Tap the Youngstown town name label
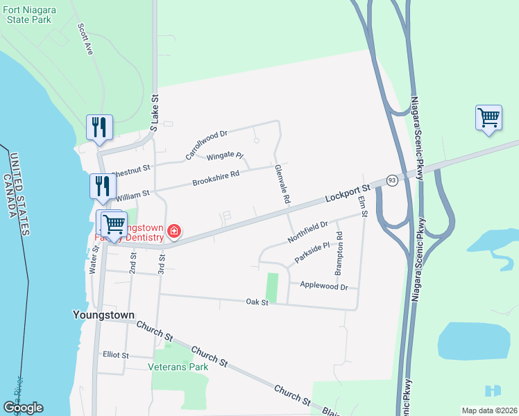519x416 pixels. click(103, 314)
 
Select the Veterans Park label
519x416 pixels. click(178, 367)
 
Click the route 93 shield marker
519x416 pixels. click(392, 180)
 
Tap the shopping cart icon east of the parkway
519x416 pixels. click(488, 117)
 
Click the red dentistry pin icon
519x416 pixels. click(175, 231)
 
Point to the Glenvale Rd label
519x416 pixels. click(282, 184)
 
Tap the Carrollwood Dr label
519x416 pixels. click(207, 144)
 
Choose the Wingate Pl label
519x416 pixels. click(226, 155)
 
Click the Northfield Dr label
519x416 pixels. click(306, 232)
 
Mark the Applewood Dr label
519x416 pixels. click(323, 285)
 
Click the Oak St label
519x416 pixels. click(257, 302)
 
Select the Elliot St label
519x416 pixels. click(115, 355)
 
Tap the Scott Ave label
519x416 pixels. click(85, 39)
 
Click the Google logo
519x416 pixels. click(23, 408)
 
